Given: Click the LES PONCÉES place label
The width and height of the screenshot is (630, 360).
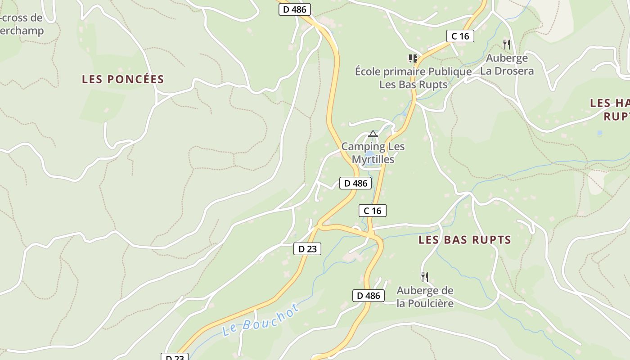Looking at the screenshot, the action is click(x=123, y=79).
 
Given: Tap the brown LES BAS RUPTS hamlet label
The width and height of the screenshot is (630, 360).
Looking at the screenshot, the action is click(x=465, y=239).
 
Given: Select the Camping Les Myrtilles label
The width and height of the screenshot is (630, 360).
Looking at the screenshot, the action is click(x=373, y=153).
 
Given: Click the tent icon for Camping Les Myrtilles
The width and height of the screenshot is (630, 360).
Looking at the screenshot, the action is click(x=373, y=134).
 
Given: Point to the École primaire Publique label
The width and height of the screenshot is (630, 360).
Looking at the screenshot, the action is click(x=413, y=72).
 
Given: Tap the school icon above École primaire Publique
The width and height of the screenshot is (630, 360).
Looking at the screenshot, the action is click(x=413, y=58).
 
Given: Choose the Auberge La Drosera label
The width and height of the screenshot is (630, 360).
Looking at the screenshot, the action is click(x=507, y=64).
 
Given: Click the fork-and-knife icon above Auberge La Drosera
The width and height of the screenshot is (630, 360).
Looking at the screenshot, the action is click(x=507, y=44).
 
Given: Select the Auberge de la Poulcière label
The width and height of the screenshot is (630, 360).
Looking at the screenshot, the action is click(x=425, y=297).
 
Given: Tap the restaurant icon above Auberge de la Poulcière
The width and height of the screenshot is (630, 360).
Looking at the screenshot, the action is click(x=424, y=276).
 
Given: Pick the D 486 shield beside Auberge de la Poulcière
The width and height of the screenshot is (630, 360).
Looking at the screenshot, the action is click(x=369, y=296).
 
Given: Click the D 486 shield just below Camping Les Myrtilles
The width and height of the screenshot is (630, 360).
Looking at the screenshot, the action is click(x=355, y=183).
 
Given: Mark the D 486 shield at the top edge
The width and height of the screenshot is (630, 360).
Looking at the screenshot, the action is click(x=295, y=9).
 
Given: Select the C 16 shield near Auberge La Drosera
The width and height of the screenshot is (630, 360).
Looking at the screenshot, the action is click(x=460, y=36).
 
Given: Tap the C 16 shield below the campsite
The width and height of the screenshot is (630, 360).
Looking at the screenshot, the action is click(x=373, y=210).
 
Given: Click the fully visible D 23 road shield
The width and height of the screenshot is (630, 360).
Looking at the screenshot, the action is click(x=307, y=249).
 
